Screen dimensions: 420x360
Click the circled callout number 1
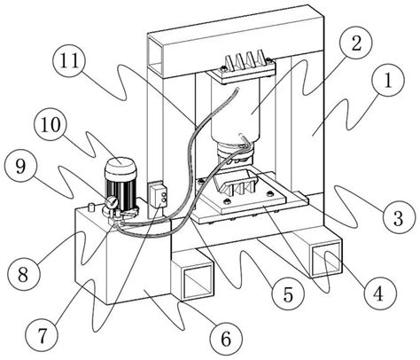(388, 80)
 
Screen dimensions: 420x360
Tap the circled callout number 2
(356, 43)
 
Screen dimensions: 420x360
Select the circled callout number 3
(398, 218)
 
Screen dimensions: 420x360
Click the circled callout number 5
(287, 293)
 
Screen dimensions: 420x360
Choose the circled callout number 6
(226, 339)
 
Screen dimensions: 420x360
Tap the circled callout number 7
(42, 335)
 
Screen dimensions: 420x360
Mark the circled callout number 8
(23, 274)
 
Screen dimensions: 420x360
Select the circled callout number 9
(20, 167)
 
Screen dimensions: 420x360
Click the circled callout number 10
(51, 124)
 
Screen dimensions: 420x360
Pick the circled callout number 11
(70, 61)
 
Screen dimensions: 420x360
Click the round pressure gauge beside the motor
(112, 202)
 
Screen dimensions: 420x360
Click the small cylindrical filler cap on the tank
(91, 207)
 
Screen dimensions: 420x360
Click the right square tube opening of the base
(326, 259)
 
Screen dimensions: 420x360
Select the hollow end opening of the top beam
(156, 54)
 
